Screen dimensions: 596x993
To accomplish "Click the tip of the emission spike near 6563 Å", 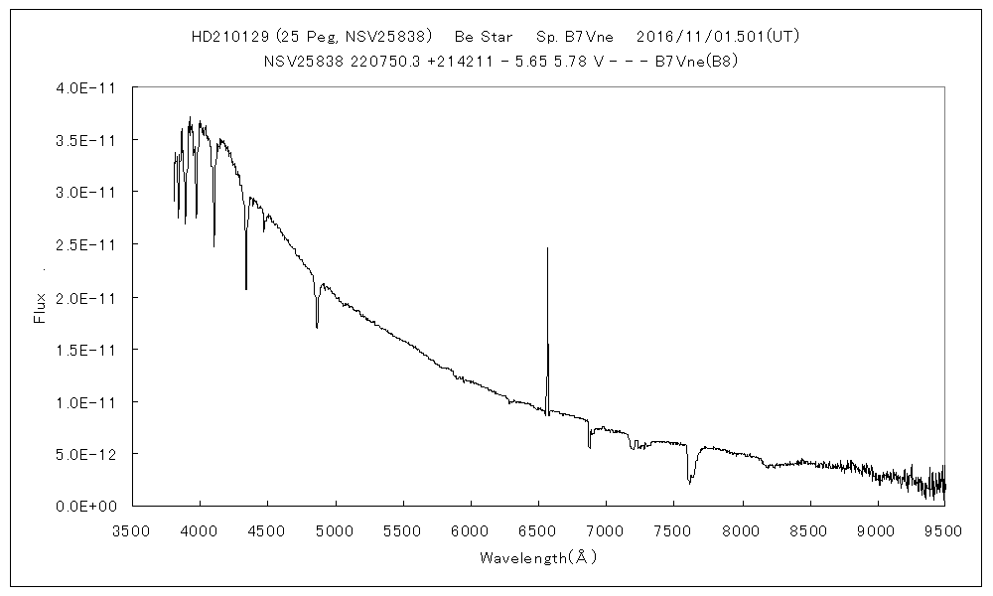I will point(547,248).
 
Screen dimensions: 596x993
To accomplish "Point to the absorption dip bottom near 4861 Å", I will point(317,327).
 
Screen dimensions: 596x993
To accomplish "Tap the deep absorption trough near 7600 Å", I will point(689,483).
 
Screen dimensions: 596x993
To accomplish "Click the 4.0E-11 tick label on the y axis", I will point(88,87).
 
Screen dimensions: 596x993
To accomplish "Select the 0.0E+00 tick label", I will point(88,506).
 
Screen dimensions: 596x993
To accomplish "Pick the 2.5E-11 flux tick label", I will point(88,244).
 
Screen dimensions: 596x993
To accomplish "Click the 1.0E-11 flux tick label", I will point(88,401).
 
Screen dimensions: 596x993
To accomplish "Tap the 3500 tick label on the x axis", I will point(132,531).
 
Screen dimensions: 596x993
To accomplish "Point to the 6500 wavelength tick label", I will point(538,531).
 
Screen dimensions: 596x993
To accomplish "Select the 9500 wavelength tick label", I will point(943,531).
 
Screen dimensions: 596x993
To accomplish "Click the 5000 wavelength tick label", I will point(335,531).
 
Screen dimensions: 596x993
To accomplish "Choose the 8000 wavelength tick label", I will point(741,531).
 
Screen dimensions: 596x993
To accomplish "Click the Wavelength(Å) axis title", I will point(537,557).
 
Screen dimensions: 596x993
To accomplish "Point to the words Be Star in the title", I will point(484,37).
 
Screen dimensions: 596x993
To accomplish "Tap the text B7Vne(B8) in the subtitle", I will point(696,61).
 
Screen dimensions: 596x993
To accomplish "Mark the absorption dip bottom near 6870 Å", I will point(589,447).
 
